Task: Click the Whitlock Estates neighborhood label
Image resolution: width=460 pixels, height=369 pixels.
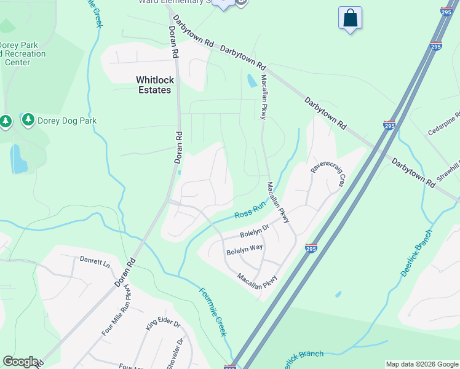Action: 153,85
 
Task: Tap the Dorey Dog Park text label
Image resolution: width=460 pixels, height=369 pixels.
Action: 68,121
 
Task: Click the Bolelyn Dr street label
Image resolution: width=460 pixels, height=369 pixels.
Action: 255,232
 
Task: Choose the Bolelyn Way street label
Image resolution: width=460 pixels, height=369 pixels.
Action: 244,251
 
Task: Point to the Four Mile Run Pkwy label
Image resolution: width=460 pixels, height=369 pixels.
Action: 117,311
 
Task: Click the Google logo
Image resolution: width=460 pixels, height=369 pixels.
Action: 20,362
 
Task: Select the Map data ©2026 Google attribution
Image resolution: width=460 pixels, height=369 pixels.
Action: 422,364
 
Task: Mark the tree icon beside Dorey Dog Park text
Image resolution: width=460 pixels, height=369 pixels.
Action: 28,119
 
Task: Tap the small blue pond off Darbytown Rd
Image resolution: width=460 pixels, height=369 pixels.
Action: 252,81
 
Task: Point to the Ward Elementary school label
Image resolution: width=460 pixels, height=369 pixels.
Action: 172,2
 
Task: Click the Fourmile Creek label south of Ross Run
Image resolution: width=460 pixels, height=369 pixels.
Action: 213,311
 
